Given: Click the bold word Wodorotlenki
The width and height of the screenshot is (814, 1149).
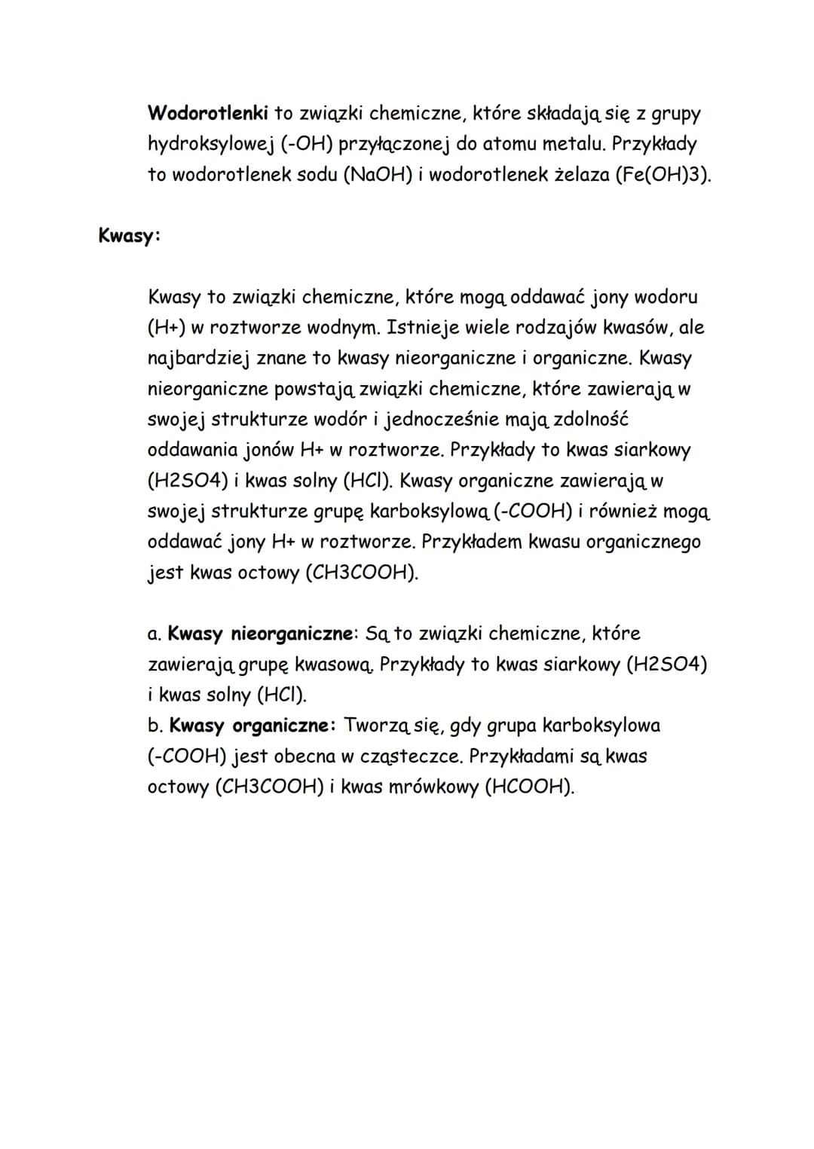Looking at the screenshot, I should (x=208, y=113).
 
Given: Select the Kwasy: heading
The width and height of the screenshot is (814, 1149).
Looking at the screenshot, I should (x=129, y=235).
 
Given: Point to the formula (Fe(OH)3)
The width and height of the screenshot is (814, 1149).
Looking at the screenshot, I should (x=663, y=175).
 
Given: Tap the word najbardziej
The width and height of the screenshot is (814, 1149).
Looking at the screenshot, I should (x=198, y=359).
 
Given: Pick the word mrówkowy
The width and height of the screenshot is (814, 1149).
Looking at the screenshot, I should (x=435, y=787).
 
